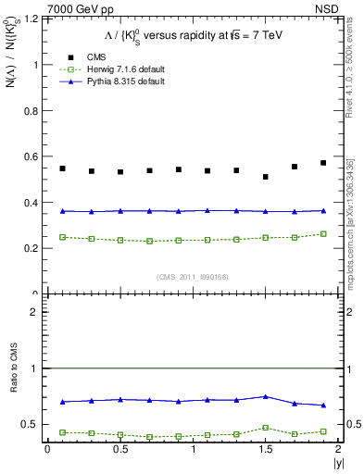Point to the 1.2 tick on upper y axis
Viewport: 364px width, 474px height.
tap(30, 19)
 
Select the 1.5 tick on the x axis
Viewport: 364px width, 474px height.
tap(266, 449)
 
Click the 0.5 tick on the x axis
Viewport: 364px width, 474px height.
tap(120, 449)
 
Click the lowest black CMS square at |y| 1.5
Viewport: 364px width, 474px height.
tap(266, 177)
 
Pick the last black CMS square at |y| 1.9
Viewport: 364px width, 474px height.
tap(323, 163)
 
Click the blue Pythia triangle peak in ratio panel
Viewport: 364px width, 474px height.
tap(266, 396)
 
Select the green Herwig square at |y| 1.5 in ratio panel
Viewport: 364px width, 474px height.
tap(266, 428)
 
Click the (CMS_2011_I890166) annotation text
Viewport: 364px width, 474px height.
tap(192, 277)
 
